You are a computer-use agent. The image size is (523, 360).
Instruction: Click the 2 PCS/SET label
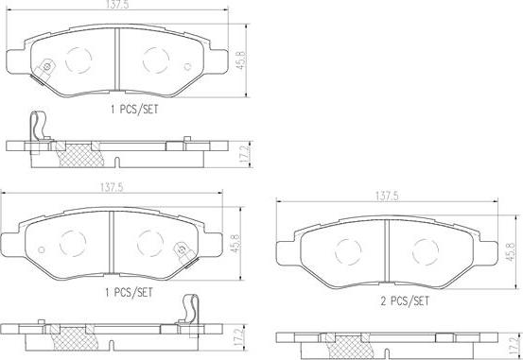(405, 301)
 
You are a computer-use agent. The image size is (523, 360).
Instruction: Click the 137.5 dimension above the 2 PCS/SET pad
(387, 196)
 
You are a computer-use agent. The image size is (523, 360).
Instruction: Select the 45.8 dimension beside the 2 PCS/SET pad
(511, 251)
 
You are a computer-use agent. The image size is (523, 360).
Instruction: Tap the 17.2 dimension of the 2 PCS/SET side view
(516, 347)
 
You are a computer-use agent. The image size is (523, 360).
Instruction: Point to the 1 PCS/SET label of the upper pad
(134, 109)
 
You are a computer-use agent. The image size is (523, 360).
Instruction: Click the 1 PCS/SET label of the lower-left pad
(129, 292)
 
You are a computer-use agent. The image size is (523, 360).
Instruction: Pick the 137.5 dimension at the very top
(117, 5)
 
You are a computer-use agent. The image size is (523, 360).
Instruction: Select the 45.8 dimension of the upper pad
(240, 60)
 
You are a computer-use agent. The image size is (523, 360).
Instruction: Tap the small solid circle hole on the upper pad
(188, 67)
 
